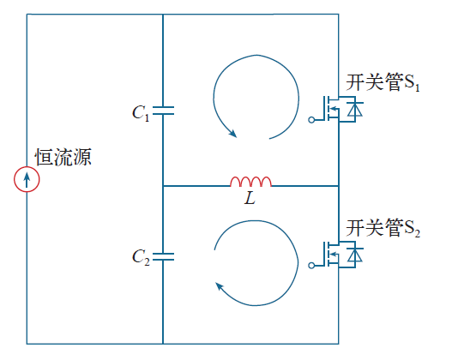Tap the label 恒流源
point(63,157)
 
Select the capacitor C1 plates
point(163,111)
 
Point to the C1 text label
point(141,113)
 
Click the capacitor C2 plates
point(163,256)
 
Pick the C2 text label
point(141,257)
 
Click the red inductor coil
point(250,182)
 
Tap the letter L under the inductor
point(250,199)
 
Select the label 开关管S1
point(383,82)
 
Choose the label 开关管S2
point(383,228)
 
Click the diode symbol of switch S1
point(355,109)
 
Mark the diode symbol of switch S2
point(355,255)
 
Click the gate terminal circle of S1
point(311,120)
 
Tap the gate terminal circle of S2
point(311,265)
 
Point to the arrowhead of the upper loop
point(232,133)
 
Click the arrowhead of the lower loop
point(220,287)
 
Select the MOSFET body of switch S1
point(331,109)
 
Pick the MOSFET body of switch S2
point(331,255)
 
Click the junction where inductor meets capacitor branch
point(163,186)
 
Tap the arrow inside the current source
point(27,180)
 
